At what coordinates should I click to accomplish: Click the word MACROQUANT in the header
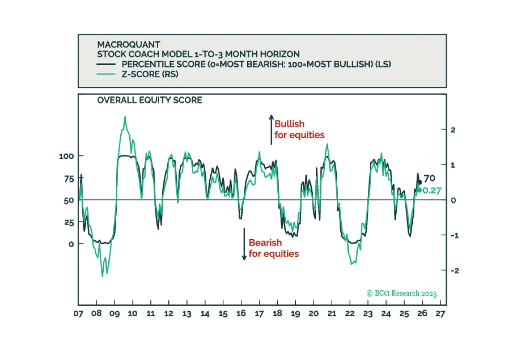pos(129,45)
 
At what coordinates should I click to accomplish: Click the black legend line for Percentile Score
pos(106,64)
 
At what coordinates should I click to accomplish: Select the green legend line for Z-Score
pos(106,74)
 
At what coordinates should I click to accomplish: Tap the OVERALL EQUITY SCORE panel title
pos(150,100)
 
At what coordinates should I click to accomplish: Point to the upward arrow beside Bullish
pos(271,130)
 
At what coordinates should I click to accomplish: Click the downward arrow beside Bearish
pos(244,244)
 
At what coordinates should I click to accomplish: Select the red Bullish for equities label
pos(299,129)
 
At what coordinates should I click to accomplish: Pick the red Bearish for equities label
pos(274,248)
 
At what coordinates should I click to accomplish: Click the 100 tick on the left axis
pos(66,156)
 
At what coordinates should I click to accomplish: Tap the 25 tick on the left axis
pos(69,223)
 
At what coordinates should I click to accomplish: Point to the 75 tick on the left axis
pos(69,179)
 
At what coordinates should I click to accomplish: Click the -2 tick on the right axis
pos(455,270)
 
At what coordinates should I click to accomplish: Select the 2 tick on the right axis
pos(453,130)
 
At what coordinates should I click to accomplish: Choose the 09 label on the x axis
pos(114,314)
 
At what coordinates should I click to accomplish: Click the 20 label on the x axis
pos(313,314)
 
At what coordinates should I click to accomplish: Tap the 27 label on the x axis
pos(440,314)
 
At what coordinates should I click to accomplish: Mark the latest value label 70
pos(429,178)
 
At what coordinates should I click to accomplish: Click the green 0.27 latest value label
pos(432,191)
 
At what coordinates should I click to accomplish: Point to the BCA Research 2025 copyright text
pos(402,293)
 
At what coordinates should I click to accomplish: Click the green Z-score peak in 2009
pos(125,117)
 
